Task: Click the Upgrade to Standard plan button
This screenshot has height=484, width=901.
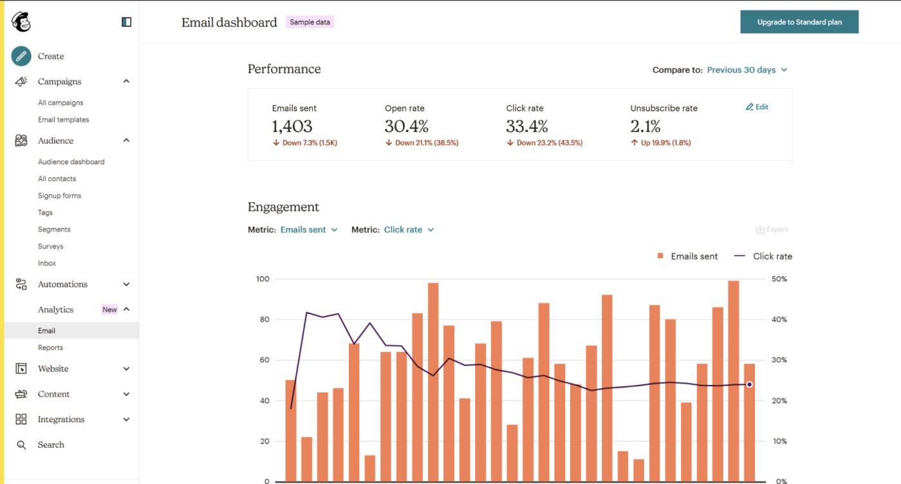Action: tap(799, 22)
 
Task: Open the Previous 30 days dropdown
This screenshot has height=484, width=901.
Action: tap(747, 70)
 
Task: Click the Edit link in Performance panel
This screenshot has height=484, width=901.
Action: tap(757, 107)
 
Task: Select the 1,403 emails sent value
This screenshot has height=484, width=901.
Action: tap(292, 126)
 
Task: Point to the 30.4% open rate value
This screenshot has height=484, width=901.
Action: tap(407, 126)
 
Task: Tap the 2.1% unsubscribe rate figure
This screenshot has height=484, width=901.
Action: tap(646, 126)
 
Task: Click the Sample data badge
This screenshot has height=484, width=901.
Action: tap(310, 22)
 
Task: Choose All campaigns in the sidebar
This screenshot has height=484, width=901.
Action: tap(60, 103)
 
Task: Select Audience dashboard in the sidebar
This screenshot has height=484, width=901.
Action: tap(71, 162)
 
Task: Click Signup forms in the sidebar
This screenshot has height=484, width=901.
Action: tap(59, 196)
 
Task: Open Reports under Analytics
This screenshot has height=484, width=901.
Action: tap(50, 348)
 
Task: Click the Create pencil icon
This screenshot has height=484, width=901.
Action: tap(21, 57)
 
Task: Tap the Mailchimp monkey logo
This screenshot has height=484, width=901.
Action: tap(21, 22)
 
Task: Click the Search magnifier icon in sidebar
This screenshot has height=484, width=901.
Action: tap(21, 445)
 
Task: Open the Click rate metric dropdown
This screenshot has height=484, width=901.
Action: tap(409, 230)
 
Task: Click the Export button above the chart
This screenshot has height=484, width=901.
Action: tap(772, 230)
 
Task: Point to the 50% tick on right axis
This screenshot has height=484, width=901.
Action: tap(779, 279)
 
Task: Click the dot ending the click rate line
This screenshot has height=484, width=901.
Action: tap(749, 384)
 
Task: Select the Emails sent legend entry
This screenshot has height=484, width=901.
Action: tap(687, 256)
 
